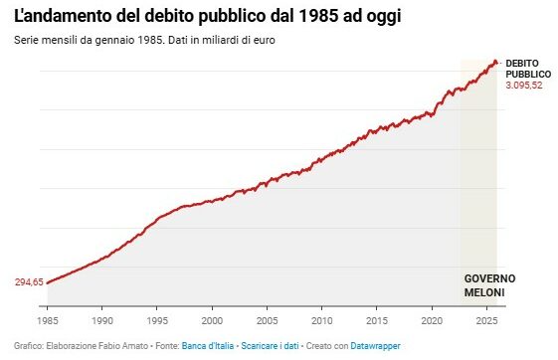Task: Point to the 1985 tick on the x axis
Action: tap(48, 321)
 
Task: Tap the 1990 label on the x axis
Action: tap(102, 321)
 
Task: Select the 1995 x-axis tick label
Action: tap(157, 321)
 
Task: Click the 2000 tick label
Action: tap(212, 321)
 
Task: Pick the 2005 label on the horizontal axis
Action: tap(267, 321)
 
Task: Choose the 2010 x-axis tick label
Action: tap(321, 321)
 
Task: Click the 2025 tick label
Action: tap(485, 321)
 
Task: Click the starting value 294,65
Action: tap(28, 282)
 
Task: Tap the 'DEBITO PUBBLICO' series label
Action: tap(526, 68)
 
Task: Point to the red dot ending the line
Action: tap(496, 62)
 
